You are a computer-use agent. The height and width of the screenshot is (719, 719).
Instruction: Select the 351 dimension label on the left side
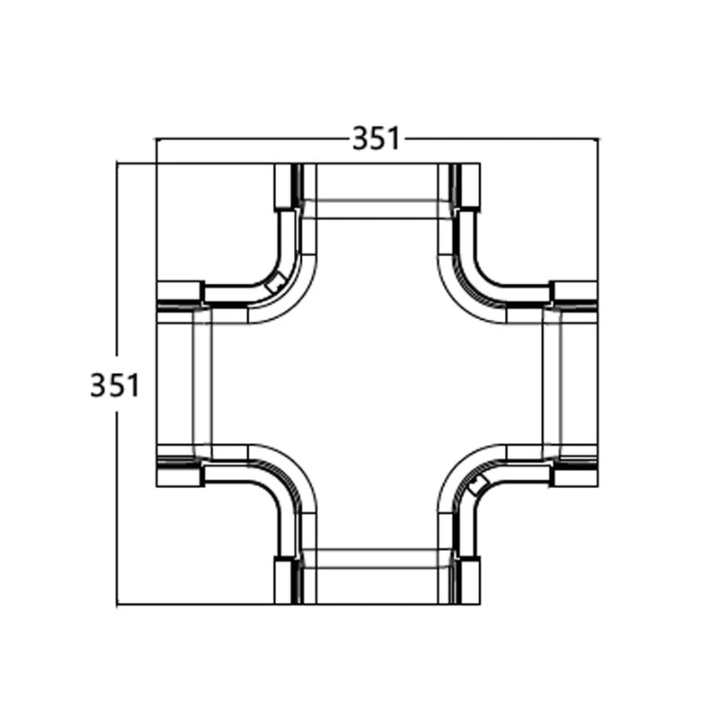[x=114, y=386]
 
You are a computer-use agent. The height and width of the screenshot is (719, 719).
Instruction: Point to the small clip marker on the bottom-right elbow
[x=478, y=484]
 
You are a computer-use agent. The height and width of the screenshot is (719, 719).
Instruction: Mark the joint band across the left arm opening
[x=202, y=384]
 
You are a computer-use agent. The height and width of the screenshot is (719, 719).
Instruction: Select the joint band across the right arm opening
[x=552, y=384]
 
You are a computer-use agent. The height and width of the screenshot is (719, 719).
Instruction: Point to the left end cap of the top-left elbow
[x=180, y=292]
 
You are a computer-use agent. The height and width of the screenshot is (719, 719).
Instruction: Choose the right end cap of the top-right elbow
[x=574, y=292]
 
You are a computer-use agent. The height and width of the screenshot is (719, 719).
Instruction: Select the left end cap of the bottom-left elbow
[x=180, y=475]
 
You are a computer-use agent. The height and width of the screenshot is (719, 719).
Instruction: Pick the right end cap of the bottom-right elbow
[x=574, y=475]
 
